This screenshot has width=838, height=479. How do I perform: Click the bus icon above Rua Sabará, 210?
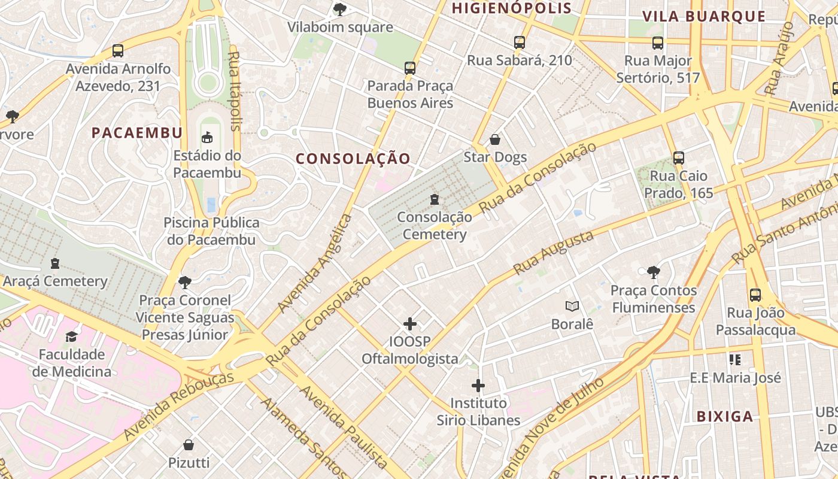coord(519,43)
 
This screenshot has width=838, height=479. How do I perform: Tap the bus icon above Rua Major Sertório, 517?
coord(658,43)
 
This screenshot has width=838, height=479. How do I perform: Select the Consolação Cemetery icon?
coord(435,199)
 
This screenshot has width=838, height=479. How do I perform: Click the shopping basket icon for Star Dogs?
coord(495,140)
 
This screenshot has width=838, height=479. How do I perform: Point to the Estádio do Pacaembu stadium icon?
coord(207,138)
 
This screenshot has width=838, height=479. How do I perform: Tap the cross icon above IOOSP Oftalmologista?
coord(410,324)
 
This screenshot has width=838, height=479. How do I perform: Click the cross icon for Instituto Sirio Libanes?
coord(478,385)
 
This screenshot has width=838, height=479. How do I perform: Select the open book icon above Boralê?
coord(572,307)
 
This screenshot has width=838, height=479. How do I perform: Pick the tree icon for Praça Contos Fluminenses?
coord(654,273)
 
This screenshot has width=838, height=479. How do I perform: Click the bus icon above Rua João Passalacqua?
coord(755,295)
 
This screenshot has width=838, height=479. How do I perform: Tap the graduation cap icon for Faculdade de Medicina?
coord(72,336)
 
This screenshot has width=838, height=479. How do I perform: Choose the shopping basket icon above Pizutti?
coord(189,445)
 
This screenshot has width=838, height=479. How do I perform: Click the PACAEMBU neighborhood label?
coord(136,133)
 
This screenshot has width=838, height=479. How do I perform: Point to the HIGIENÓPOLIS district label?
coord(512,8)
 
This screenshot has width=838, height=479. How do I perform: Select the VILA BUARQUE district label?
coord(705,17)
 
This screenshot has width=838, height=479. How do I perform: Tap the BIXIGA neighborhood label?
coord(724,417)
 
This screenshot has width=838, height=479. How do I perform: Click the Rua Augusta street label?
coord(553,253)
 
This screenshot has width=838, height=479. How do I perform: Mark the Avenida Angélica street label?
coord(315,263)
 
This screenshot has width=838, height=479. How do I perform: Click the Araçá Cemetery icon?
coord(55,263)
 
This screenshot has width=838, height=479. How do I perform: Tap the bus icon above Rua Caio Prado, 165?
coord(678,158)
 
